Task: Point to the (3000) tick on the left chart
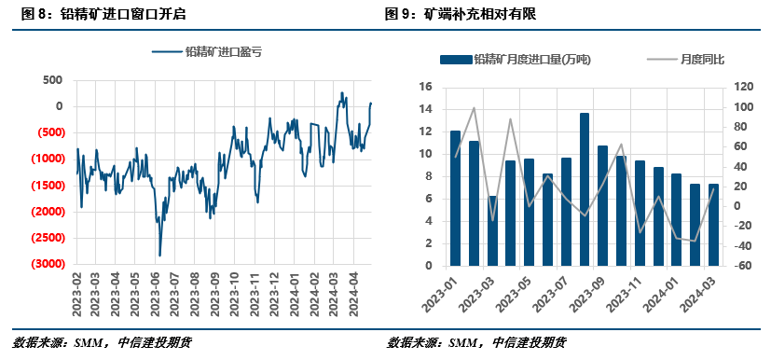tap(44, 265)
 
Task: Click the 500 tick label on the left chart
tap(52, 80)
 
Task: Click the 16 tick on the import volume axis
tap(425, 87)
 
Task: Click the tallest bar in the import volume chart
tap(585, 189)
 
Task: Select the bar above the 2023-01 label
tap(455, 198)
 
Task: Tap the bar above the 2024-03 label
tap(714, 225)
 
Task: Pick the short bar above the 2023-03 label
tap(492, 230)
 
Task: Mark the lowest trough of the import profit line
tap(159, 255)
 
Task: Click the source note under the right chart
tap(476, 342)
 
